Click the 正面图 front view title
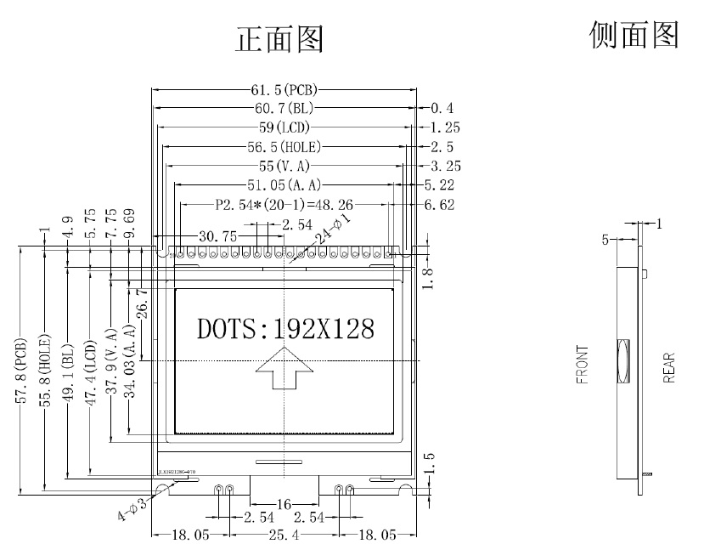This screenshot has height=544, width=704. tap(279, 39)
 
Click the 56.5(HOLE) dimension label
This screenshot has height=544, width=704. tap(284, 146)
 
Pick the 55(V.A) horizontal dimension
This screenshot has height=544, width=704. tap(284, 166)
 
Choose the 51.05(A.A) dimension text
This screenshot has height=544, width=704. tap(284, 185)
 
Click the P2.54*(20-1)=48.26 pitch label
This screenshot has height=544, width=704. tap(284, 204)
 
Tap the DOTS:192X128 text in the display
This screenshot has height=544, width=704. tap(284, 328)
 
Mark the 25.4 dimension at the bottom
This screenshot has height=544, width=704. tap(284, 535)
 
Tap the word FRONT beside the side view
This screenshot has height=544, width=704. tap(582, 365)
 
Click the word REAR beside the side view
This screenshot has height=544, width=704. tap(670, 367)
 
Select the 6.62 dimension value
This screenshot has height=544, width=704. tap(439, 205)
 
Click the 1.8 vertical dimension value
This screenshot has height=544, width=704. tap(430, 277)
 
